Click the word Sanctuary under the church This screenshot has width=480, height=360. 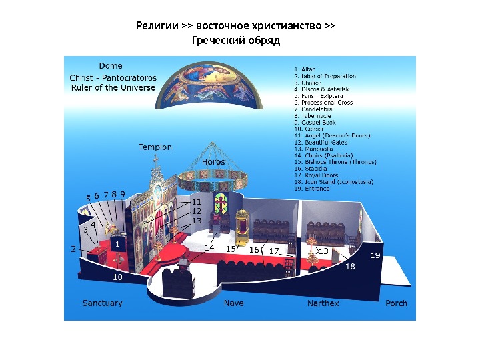click(x=102, y=303)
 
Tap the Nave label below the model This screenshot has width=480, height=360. click(x=233, y=303)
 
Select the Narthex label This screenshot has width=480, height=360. click(x=323, y=303)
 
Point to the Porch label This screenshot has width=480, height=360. click(x=396, y=303)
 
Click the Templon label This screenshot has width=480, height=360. click(x=155, y=147)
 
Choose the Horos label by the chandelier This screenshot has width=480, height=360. click(x=213, y=162)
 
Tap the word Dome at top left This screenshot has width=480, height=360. click(x=111, y=66)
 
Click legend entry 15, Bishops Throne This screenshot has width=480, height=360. click(x=335, y=162)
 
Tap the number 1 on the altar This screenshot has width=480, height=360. click(x=117, y=245)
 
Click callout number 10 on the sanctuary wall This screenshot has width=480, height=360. click(x=117, y=276)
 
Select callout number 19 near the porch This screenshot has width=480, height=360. click(x=376, y=255)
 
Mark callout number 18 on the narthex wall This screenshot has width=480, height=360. click(x=350, y=266)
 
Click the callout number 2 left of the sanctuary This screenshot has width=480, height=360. click(x=73, y=249)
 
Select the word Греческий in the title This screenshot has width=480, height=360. click(x=219, y=41)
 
